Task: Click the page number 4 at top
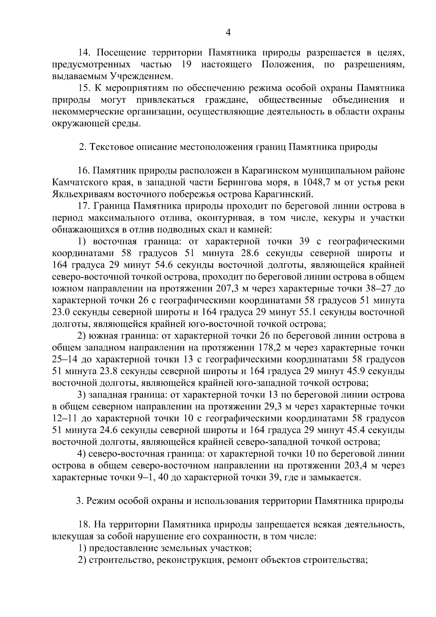coord(228,33)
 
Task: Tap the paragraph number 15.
coord(84,88)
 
